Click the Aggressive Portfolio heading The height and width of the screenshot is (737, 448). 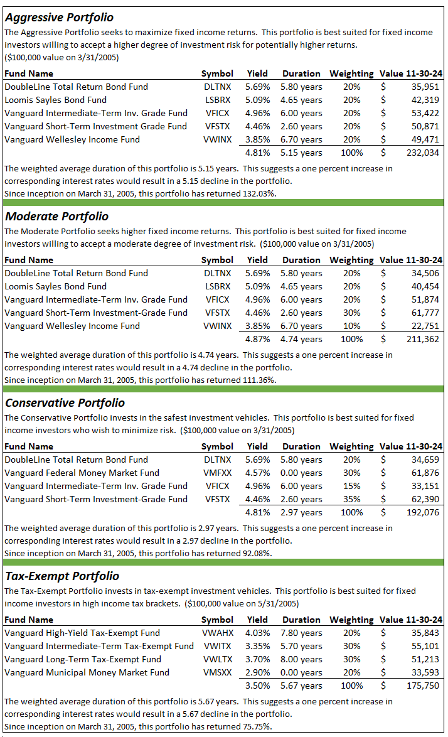point(59,18)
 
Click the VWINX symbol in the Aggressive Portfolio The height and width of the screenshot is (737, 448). point(218,139)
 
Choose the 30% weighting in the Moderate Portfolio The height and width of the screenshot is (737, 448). point(352,313)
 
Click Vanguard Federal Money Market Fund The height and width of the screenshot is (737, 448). point(82,473)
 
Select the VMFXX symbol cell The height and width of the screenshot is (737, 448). point(218,473)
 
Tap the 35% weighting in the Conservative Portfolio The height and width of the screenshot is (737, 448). point(352,499)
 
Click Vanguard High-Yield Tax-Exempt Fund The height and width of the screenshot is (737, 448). point(82,633)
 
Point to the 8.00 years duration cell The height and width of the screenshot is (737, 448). point(301,659)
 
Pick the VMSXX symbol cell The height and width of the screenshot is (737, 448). point(218,672)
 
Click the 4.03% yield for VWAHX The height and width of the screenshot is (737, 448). point(257,633)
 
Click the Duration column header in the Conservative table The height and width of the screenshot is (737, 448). point(301,446)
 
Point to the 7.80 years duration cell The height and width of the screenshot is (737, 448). point(301,633)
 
